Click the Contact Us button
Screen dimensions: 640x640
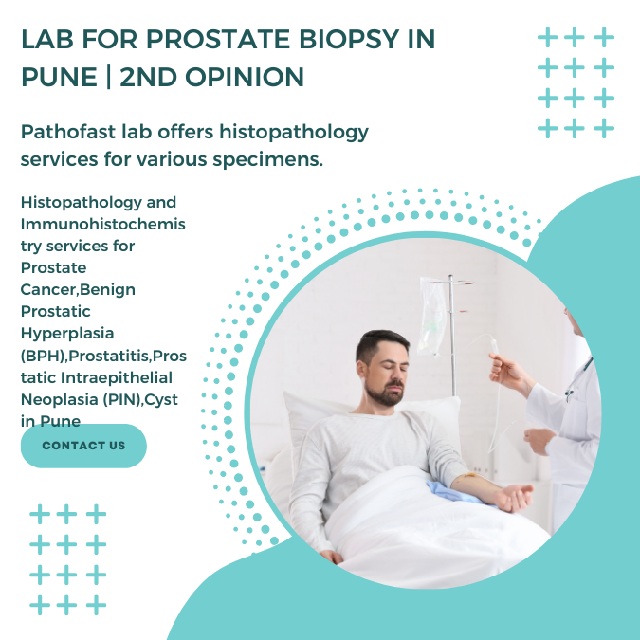(x=83, y=446)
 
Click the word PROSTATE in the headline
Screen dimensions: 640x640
(x=218, y=39)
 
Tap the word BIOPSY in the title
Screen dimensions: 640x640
(x=349, y=39)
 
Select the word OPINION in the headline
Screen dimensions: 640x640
(x=245, y=77)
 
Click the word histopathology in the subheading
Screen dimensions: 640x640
(x=294, y=133)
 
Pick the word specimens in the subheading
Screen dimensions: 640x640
(x=267, y=160)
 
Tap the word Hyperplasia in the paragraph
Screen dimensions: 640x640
(x=67, y=335)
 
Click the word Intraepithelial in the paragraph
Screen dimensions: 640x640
(x=117, y=378)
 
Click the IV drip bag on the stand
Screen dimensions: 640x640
(x=432, y=316)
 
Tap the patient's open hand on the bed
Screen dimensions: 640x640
(x=515, y=497)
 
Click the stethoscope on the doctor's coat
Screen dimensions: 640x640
(x=577, y=379)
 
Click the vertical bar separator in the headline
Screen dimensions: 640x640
(x=109, y=77)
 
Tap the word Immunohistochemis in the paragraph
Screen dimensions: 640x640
(x=103, y=224)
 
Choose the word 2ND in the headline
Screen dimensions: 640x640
(x=149, y=77)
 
